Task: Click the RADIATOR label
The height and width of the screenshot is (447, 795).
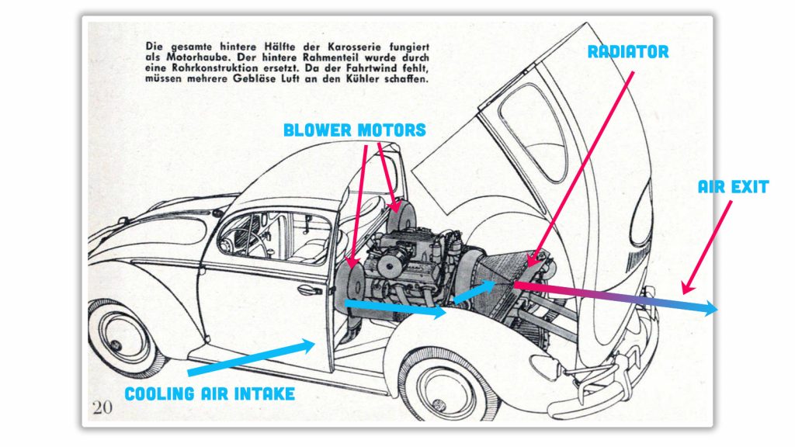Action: click(628, 52)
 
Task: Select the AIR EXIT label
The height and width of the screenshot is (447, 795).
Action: click(732, 187)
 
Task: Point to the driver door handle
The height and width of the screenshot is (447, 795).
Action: click(308, 289)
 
